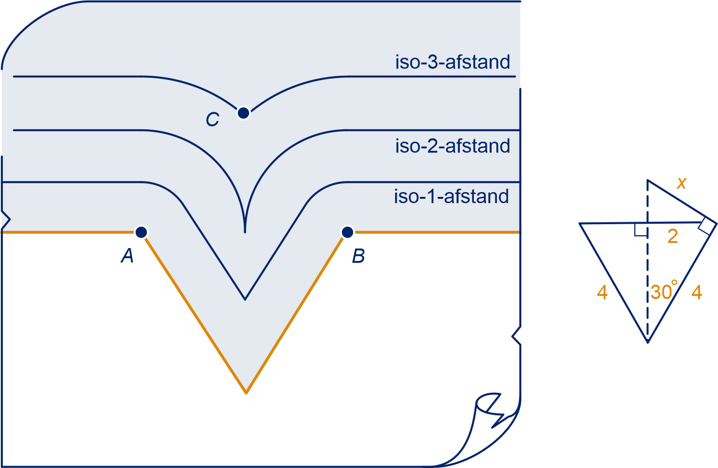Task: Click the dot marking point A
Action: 141,232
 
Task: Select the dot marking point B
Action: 348,232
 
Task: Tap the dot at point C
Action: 244,113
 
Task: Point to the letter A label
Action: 127,256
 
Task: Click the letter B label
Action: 358,256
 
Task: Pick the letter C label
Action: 212,119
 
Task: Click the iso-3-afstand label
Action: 452,62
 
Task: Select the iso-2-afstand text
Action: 452,146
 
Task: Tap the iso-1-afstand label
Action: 451,196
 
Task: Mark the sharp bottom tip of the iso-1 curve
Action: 245,299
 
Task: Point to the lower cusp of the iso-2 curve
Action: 245,232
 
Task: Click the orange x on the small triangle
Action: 682,183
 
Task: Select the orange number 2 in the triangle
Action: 673,237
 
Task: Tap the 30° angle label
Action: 664,291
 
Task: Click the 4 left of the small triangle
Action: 602,292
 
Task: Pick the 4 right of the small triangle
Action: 697,292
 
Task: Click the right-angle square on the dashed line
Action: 641,229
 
